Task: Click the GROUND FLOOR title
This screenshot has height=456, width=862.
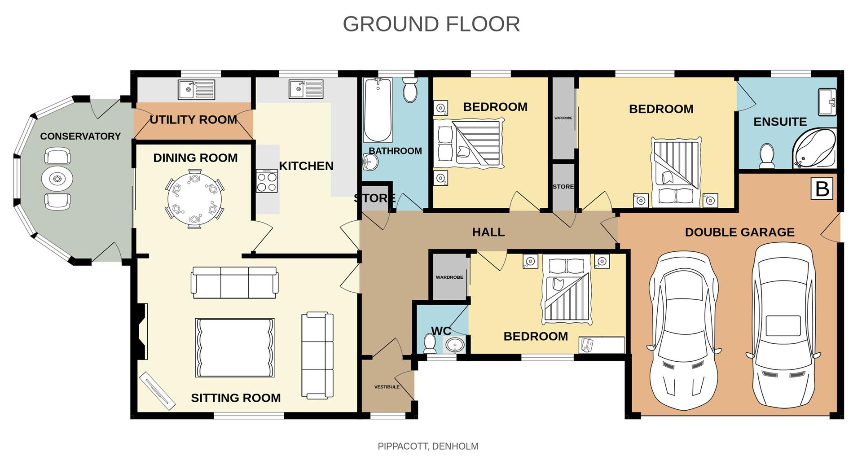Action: click(431, 24)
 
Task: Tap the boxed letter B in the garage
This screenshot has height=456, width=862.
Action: click(822, 189)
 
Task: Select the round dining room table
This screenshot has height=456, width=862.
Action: click(194, 199)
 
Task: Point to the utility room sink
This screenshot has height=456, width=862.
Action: click(196, 89)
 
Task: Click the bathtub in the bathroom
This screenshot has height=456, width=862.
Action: click(378, 110)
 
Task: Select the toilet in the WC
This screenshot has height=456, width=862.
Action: click(430, 343)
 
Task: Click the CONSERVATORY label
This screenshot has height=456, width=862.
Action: click(80, 136)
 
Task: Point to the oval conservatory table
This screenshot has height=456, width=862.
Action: click(57, 179)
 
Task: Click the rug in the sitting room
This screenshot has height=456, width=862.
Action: click(234, 348)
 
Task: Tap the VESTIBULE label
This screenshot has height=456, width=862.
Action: click(387, 387)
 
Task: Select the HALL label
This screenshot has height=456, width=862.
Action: click(488, 232)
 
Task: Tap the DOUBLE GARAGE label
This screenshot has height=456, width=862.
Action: click(739, 232)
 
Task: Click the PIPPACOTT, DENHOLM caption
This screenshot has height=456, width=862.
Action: click(428, 446)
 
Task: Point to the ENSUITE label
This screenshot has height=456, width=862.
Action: click(780, 122)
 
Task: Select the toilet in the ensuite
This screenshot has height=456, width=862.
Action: click(766, 155)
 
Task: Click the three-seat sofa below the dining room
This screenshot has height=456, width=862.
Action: click(233, 282)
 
